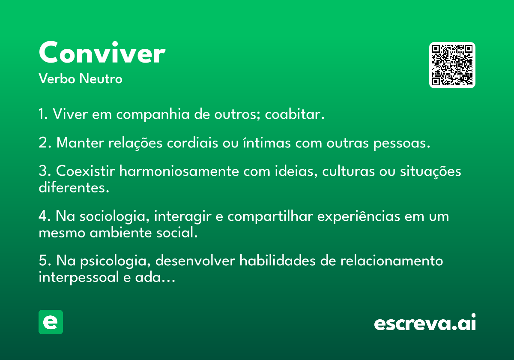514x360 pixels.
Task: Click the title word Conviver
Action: (102, 52)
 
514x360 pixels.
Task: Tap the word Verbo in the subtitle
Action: (57, 78)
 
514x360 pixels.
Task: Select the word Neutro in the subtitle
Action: (101, 78)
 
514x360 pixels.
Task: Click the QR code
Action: (452, 65)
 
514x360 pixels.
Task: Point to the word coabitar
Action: (295, 114)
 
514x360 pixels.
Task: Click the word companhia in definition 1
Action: (153, 114)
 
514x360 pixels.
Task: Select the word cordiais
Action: (192, 143)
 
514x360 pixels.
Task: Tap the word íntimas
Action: (267, 143)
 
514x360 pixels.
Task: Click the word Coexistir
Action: (85, 171)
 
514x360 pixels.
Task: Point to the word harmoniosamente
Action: (179, 171)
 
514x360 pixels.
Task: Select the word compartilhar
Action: (270, 217)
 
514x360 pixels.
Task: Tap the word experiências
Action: (359, 217)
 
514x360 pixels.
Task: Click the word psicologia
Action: (115, 261)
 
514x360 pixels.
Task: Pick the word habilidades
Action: (278, 261)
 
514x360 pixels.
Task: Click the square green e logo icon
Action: (51, 322)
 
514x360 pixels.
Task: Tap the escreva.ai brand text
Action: (425, 322)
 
